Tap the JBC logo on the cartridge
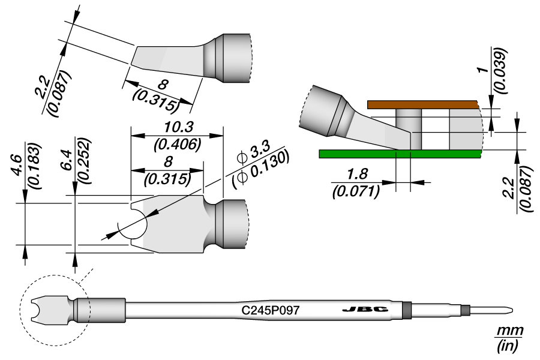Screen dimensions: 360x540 (x=364, y=310)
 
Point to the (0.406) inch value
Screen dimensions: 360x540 (x=177, y=144)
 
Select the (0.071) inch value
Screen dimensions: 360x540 (x=356, y=191)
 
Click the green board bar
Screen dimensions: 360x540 (x=400, y=154)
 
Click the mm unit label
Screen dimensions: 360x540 (x=509, y=331)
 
